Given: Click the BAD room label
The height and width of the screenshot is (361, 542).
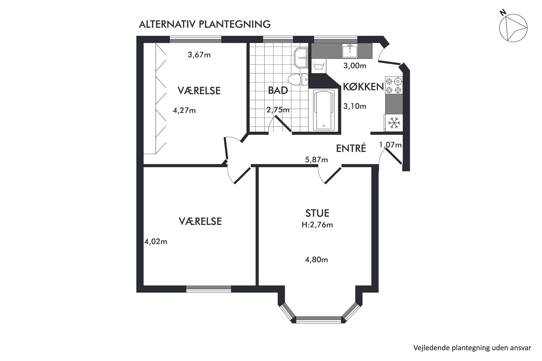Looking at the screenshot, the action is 278,90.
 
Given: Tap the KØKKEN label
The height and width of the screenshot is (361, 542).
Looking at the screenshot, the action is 363,87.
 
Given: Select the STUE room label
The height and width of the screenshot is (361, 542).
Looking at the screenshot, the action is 317,213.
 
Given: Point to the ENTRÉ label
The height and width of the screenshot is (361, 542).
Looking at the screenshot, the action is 351,148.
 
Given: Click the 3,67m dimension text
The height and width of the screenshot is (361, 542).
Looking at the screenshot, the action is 199,55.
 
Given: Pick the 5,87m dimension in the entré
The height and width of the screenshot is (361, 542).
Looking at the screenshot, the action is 316,160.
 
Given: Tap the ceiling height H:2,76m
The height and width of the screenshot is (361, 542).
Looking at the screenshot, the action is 317,225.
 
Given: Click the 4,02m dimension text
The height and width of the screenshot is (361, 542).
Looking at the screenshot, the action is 156,241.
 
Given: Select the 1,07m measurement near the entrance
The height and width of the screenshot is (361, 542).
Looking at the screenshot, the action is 390,145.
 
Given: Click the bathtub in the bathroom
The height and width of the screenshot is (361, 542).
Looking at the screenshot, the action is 324,110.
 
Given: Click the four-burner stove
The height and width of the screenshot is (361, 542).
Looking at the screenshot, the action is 394,85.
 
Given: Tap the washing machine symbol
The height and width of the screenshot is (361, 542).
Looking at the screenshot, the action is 319,66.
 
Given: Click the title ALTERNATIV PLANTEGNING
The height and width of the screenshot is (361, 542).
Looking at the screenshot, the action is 205,24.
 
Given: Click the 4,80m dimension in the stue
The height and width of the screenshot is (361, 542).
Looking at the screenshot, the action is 316,259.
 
